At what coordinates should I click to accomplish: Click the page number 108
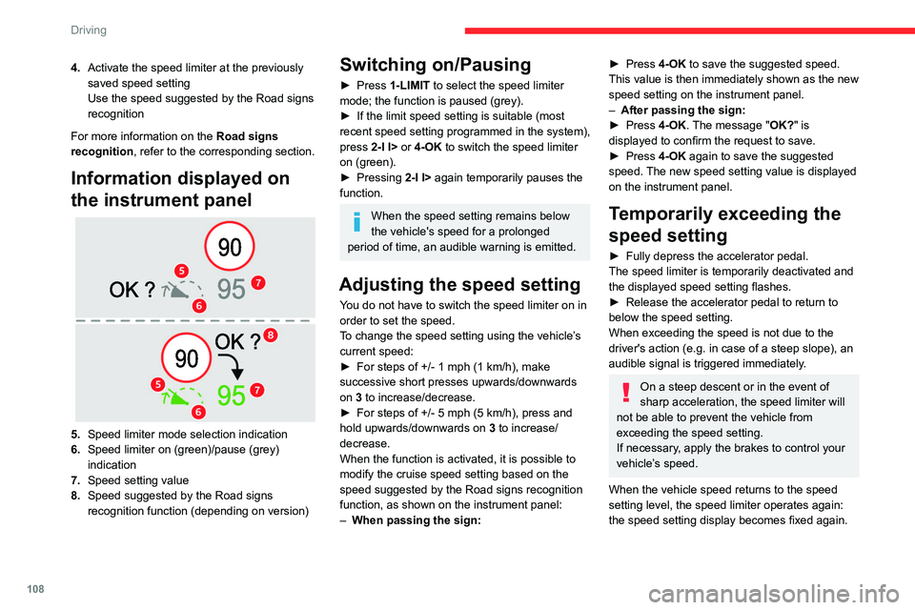click(35, 588)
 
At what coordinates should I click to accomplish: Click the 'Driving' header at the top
click(89, 30)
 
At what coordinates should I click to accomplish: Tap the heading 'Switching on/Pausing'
click(436, 64)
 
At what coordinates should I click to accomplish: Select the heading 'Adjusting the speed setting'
click(459, 284)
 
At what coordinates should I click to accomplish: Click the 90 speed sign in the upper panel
click(230, 246)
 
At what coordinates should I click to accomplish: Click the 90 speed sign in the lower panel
click(187, 357)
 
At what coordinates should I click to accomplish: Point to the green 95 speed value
click(232, 396)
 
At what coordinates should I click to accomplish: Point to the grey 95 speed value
click(232, 289)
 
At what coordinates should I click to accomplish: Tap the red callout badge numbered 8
click(270, 335)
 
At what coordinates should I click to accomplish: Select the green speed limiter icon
click(182, 396)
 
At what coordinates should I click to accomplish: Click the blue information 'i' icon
click(357, 222)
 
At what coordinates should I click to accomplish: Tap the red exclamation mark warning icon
click(626, 393)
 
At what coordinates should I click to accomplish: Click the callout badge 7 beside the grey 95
click(258, 283)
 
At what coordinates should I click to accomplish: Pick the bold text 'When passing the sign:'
click(417, 520)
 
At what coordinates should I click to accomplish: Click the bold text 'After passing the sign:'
click(683, 110)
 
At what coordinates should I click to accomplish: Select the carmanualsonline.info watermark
click(774, 594)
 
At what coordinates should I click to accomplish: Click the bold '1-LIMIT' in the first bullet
click(410, 85)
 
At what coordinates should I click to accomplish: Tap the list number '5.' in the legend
click(75, 435)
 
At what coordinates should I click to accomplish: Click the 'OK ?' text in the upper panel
click(132, 290)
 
